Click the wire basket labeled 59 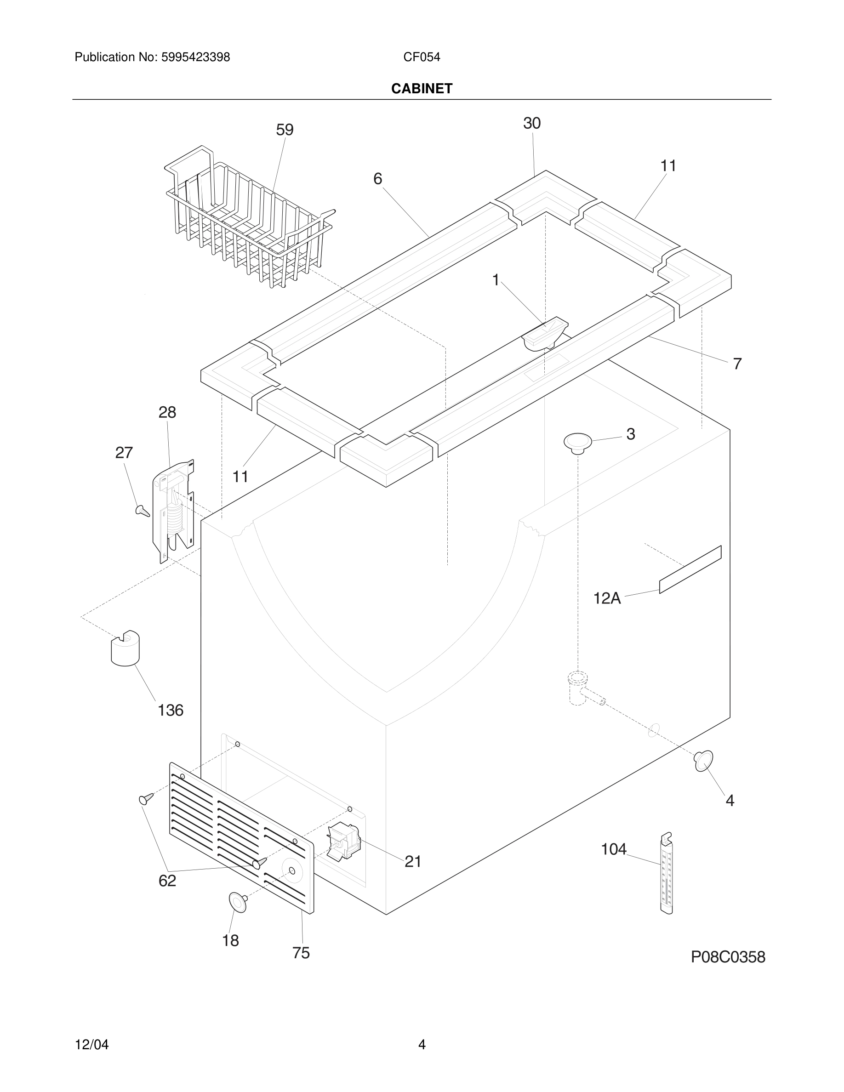tap(245, 220)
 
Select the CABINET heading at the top tap(422, 89)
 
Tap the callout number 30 tap(531, 124)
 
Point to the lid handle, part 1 tap(544, 332)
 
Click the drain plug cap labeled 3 tap(577, 443)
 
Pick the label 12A tap(606, 598)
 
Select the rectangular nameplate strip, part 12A tap(690, 569)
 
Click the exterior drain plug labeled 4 tap(703, 761)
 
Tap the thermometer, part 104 tap(666, 874)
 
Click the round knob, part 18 tap(238, 901)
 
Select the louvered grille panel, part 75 tap(240, 835)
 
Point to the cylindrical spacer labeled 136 tap(125, 648)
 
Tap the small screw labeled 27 tap(143, 511)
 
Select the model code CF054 tap(422, 57)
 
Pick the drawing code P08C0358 tap(728, 957)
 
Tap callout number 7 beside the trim tap(737, 364)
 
